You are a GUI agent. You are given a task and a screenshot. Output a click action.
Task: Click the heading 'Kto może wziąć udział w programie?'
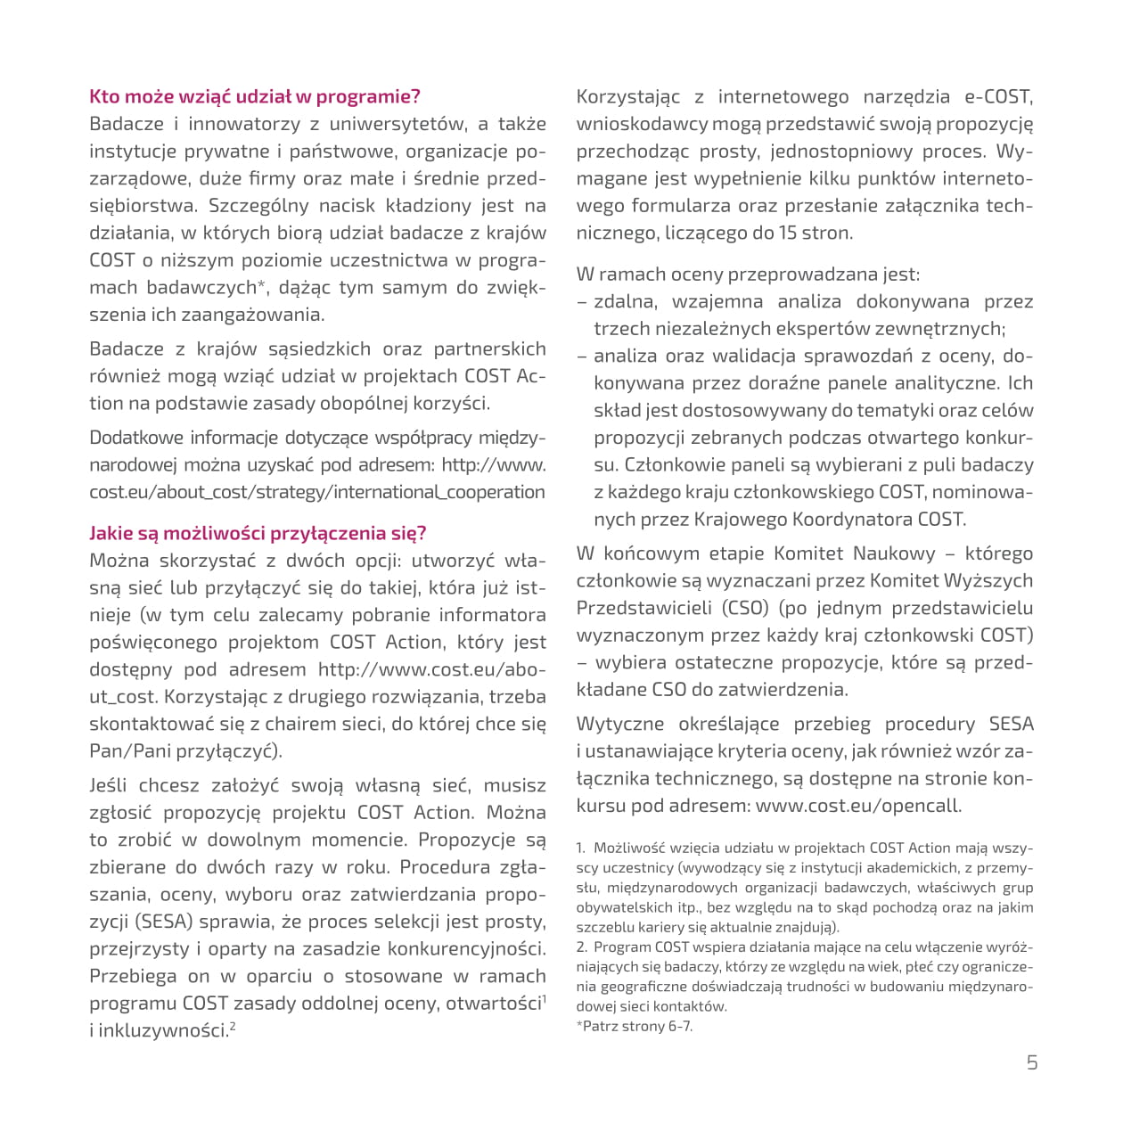[x=255, y=97]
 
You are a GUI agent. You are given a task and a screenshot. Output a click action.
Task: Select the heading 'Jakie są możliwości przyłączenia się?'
[x=258, y=534]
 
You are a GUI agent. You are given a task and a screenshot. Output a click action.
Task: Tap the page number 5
[x=1032, y=1062]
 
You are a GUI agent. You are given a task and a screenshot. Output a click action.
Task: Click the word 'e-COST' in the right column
[x=998, y=97]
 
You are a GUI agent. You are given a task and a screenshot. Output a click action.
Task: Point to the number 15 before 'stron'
[x=789, y=234]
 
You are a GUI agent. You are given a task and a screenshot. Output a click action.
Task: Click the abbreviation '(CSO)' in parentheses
[x=745, y=608]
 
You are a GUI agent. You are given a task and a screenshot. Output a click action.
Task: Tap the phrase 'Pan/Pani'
[x=130, y=751]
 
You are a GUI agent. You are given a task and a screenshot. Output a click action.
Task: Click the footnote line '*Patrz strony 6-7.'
[x=635, y=1026]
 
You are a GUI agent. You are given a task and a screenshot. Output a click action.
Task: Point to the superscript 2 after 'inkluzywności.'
[x=233, y=1025]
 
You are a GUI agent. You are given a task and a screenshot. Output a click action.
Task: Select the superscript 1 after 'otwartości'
[x=544, y=998]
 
